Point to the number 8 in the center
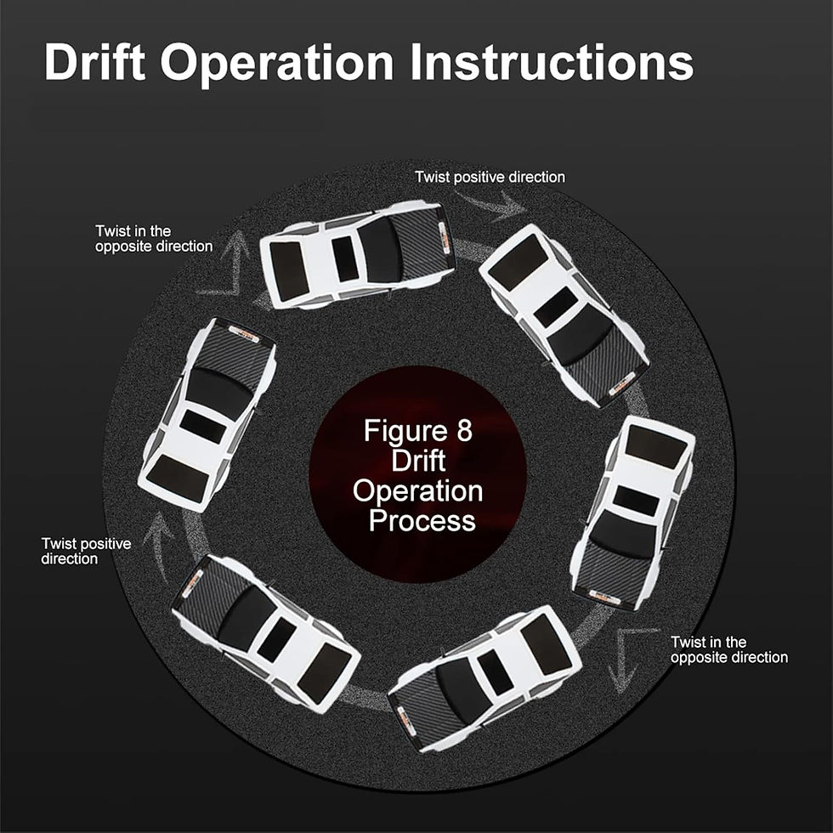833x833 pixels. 464,430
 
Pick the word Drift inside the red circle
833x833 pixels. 418,460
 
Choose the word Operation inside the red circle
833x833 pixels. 418,491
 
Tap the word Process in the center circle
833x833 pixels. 422,520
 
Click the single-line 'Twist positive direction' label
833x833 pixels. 490,177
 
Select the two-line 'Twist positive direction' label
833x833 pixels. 86,551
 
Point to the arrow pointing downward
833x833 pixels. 622,659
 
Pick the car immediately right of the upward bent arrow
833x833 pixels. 357,254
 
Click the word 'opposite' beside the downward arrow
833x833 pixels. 698,658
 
